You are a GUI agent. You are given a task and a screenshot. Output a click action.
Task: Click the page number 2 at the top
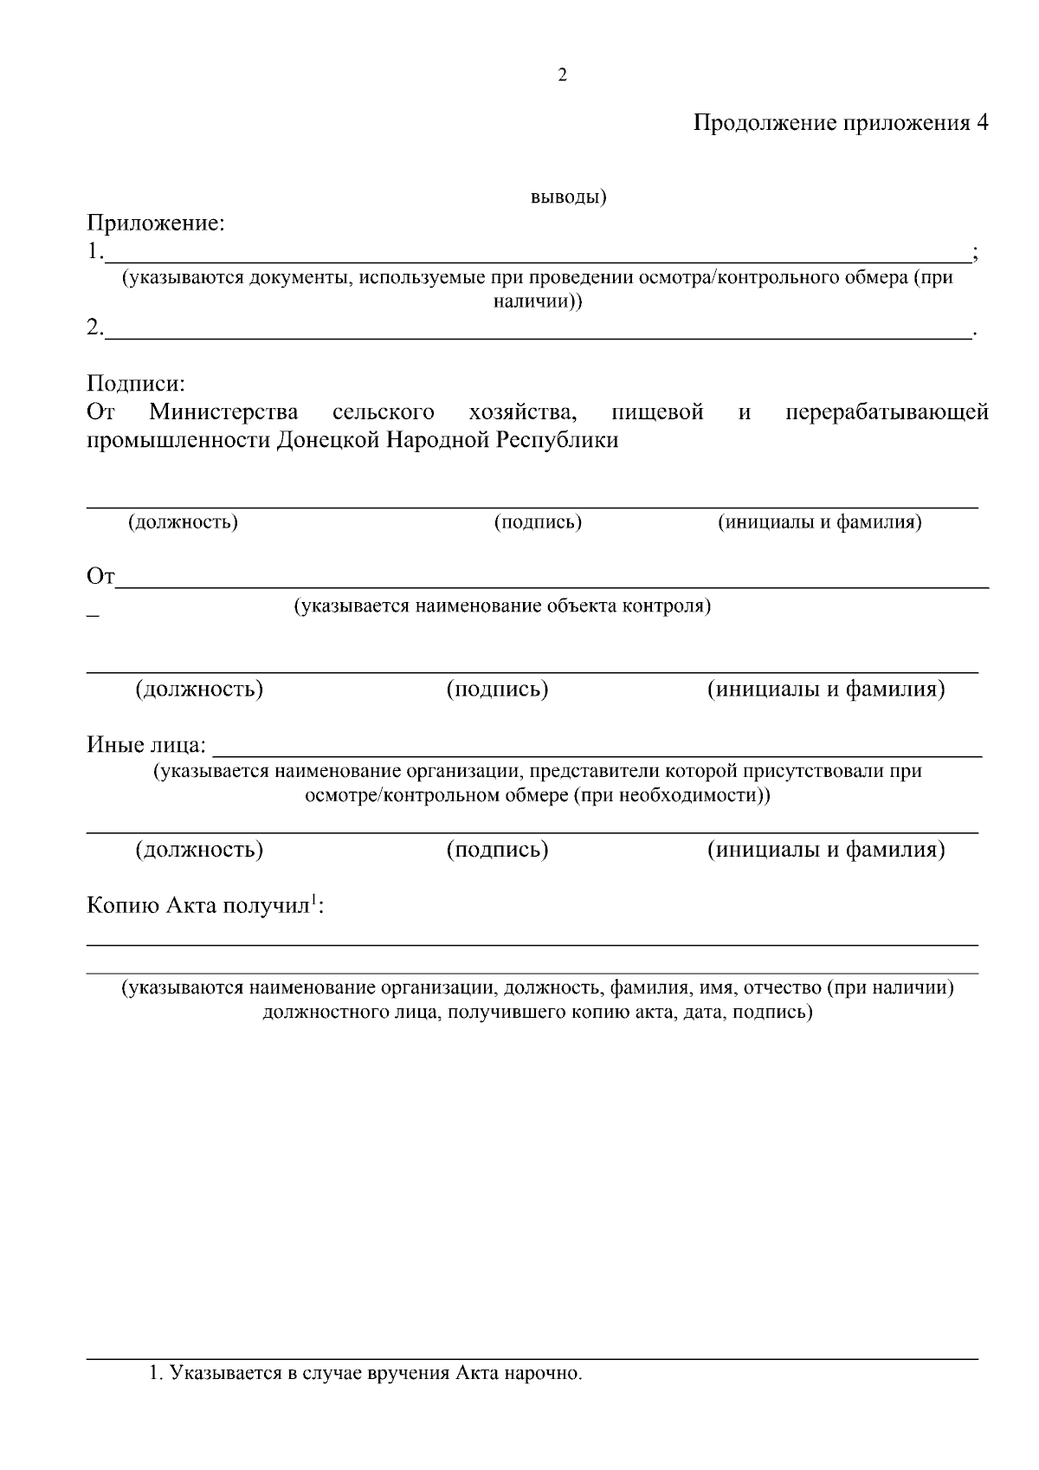pyautogui.click(x=563, y=75)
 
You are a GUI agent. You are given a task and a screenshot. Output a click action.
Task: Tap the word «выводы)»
pyautogui.click(x=568, y=198)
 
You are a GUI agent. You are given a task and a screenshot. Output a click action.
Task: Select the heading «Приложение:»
pyautogui.click(x=156, y=223)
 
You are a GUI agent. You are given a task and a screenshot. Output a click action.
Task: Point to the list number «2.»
pyautogui.click(x=94, y=328)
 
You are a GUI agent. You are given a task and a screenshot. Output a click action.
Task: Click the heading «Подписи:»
pyautogui.click(x=136, y=383)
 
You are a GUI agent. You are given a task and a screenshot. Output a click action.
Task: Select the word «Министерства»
pyautogui.click(x=223, y=411)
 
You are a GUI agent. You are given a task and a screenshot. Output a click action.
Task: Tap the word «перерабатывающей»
pyautogui.click(x=887, y=411)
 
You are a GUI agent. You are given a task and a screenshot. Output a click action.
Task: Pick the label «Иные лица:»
pyautogui.click(x=146, y=745)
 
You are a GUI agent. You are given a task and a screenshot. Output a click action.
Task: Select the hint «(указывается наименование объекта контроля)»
pyautogui.click(x=502, y=605)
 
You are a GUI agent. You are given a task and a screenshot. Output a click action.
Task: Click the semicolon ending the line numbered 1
pyautogui.click(x=976, y=254)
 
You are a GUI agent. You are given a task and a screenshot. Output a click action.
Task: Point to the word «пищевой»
pyautogui.click(x=657, y=411)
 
